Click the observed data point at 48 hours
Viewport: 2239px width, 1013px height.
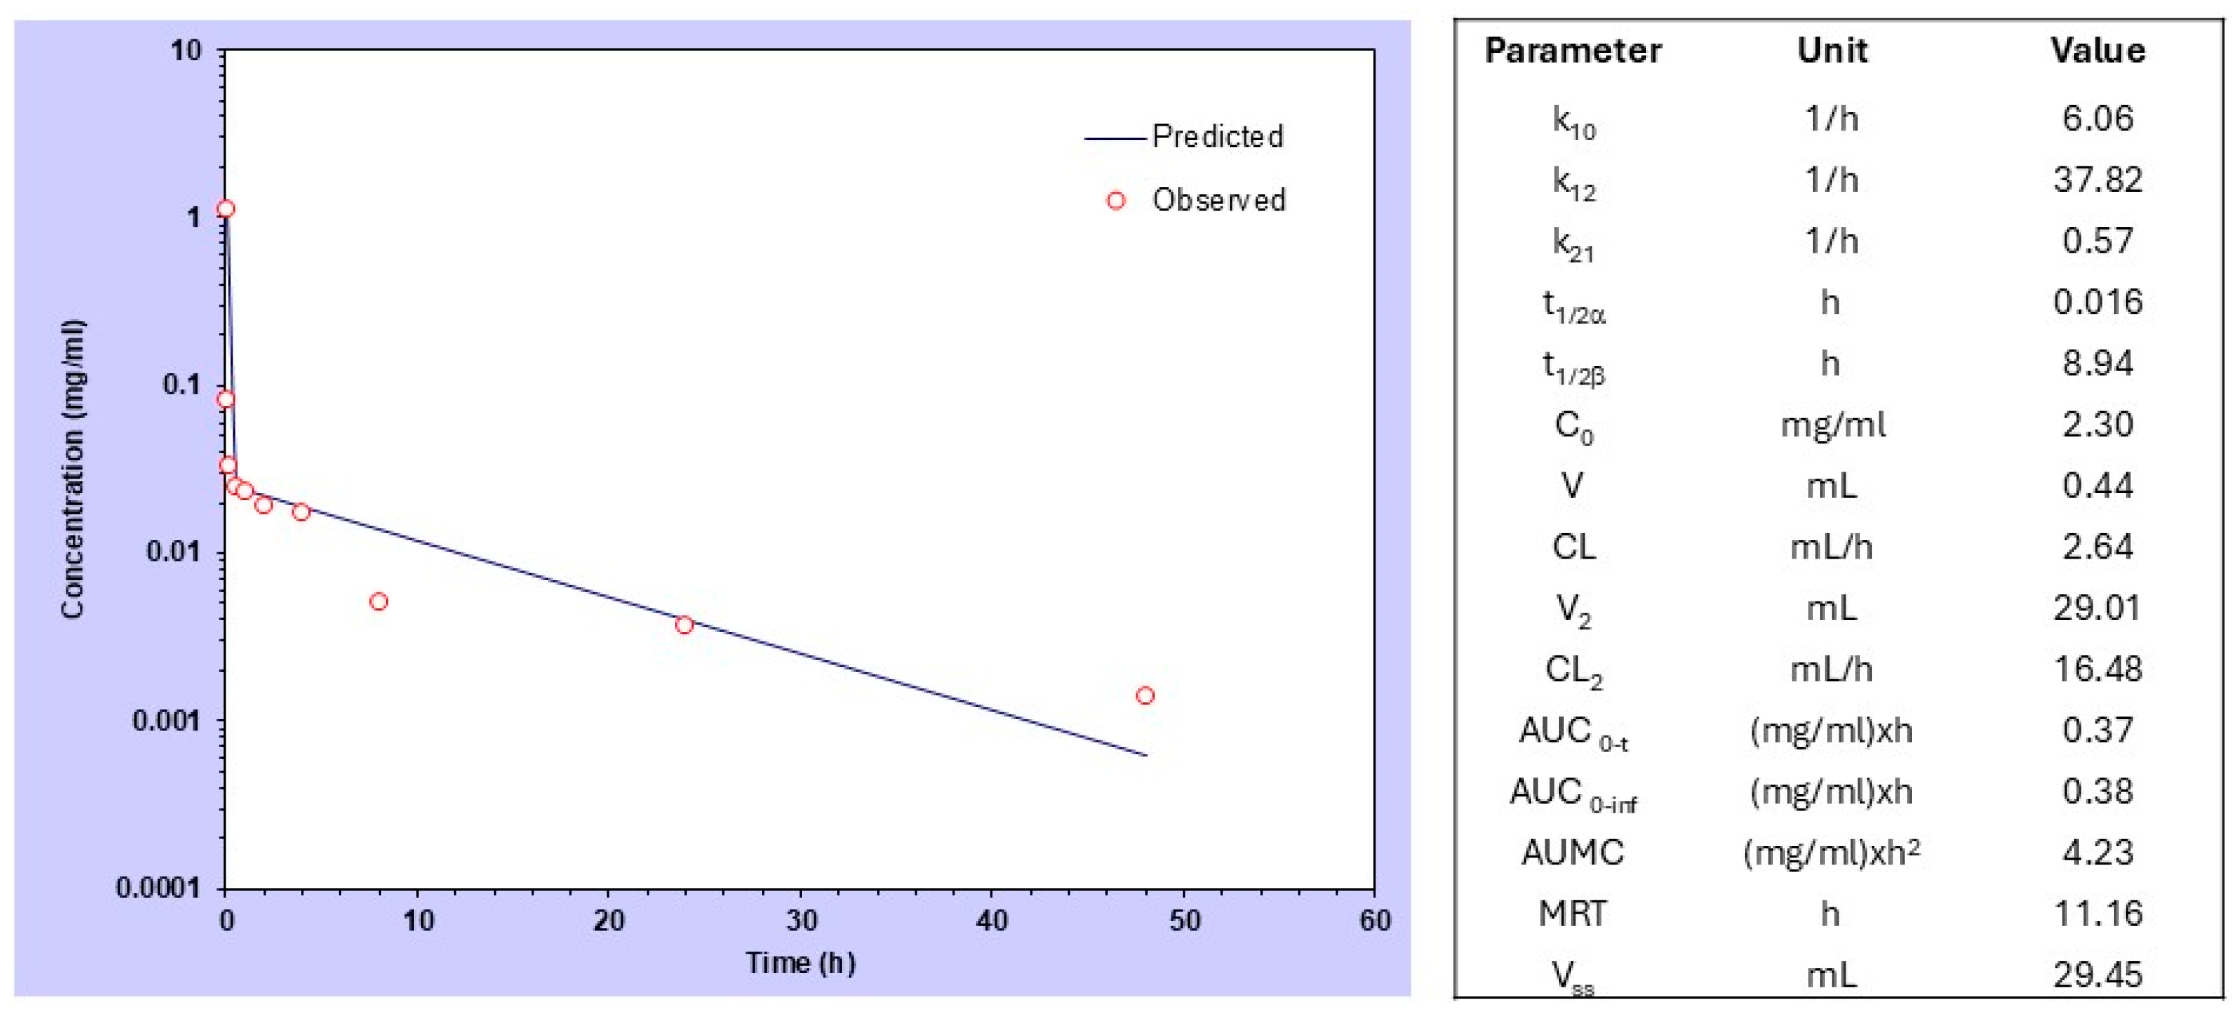tap(1145, 695)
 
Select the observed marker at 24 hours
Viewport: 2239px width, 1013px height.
tap(684, 625)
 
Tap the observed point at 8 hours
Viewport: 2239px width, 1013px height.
tap(378, 601)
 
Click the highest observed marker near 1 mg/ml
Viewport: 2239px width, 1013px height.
tap(226, 209)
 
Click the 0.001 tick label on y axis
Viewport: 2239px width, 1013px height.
tap(165, 721)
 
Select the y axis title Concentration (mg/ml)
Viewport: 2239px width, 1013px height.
tap(73, 470)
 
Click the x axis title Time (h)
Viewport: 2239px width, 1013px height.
tap(800, 963)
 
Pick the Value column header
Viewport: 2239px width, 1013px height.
tap(2098, 50)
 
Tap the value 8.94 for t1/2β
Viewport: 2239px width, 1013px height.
tap(2098, 363)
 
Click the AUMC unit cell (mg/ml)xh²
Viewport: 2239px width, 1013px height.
tap(1830, 853)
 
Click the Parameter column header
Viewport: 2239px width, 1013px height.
tap(1572, 50)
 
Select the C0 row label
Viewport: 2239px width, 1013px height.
tap(1573, 426)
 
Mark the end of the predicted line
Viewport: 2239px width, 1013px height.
tap(1146, 755)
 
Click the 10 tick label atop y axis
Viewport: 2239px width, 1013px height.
tap(185, 50)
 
